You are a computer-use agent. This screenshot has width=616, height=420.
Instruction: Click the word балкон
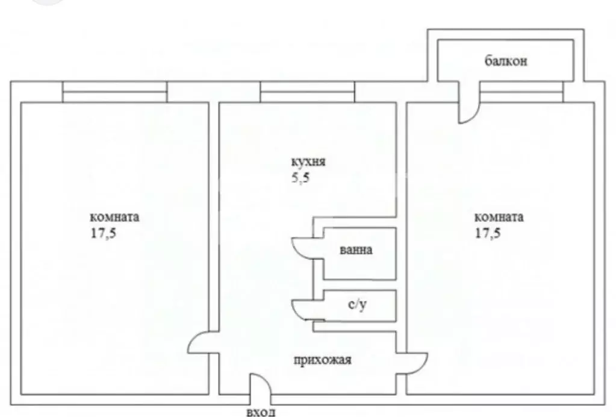(506, 61)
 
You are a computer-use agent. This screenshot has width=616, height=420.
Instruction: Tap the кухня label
(308, 162)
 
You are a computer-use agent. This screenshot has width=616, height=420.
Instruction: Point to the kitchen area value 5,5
(300, 178)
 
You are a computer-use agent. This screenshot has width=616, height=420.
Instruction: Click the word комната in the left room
(114, 217)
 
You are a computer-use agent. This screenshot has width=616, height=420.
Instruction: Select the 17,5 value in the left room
(104, 233)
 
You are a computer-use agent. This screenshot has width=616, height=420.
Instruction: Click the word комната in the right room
(499, 217)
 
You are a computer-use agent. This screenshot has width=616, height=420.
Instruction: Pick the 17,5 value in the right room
(488, 233)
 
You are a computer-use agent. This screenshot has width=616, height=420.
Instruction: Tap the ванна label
(356, 250)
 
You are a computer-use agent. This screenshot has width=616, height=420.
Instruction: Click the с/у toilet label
(358, 305)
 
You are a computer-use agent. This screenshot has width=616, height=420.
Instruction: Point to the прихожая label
(322, 360)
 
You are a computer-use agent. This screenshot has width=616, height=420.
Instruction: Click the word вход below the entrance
(261, 413)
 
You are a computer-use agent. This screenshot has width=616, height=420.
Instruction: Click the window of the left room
(115, 92)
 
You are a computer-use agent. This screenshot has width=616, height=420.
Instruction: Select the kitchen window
(308, 92)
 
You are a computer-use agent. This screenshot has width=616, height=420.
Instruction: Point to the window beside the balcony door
(521, 92)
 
